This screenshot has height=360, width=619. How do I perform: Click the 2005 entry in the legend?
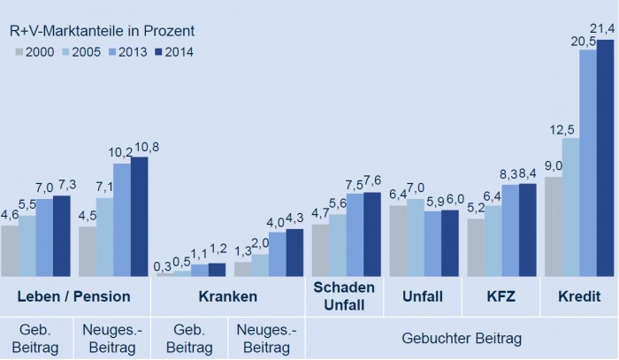(78, 52)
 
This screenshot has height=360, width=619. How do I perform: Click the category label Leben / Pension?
(75, 295)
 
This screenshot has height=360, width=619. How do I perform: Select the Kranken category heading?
(228, 295)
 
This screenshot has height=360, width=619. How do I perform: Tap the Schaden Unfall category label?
(344, 295)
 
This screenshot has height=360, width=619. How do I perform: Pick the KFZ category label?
(501, 295)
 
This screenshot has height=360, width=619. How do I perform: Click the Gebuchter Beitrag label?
(461, 338)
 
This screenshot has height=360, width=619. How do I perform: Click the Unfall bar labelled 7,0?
(416, 237)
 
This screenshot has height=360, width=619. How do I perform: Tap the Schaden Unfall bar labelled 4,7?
(320, 250)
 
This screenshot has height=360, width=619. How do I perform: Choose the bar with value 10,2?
(121, 219)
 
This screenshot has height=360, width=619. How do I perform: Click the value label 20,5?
(587, 41)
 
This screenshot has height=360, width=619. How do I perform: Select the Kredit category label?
(578, 295)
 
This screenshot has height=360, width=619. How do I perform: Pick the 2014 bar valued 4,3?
(294, 252)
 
